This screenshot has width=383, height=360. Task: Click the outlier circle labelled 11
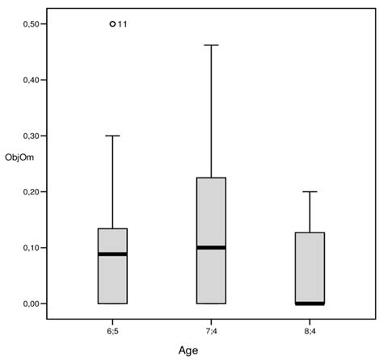112,24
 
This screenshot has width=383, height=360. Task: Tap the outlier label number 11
123,24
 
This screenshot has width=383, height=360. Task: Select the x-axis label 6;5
112,330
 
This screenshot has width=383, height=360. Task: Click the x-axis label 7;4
211,330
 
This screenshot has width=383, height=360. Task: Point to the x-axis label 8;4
309,330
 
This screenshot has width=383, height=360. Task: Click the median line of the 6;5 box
112,254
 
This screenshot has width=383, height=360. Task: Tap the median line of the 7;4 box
211,247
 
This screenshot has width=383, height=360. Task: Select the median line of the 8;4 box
309,303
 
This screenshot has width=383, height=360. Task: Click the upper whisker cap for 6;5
112,136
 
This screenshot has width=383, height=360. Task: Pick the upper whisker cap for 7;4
211,45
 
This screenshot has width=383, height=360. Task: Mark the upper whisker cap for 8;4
309,191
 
